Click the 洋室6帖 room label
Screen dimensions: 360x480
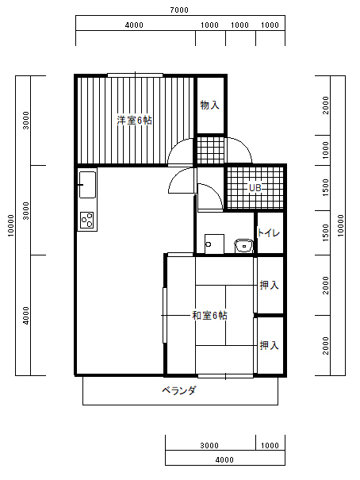point(134,121)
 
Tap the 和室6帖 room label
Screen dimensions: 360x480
point(209,315)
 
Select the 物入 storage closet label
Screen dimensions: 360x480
point(210,106)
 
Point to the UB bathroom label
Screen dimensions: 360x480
point(255,188)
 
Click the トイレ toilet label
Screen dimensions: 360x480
point(269,233)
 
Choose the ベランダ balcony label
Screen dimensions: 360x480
point(179,390)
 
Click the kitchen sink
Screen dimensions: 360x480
point(87,185)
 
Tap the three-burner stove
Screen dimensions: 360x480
point(87,220)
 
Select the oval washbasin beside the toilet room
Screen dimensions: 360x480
point(243,246)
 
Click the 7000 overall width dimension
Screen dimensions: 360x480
point(179,10)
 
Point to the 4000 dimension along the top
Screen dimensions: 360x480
point(134,25)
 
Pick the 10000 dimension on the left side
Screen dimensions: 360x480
point(11,225)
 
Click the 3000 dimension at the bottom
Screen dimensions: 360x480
point(209,445)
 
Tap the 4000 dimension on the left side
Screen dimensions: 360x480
point(26,316)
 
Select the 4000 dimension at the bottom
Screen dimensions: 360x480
point(224,460)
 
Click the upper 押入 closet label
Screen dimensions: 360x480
point(269,286)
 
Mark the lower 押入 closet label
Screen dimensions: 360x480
point(269,346)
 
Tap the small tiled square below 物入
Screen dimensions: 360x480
point(210,150)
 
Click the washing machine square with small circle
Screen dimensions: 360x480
point(214,244)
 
